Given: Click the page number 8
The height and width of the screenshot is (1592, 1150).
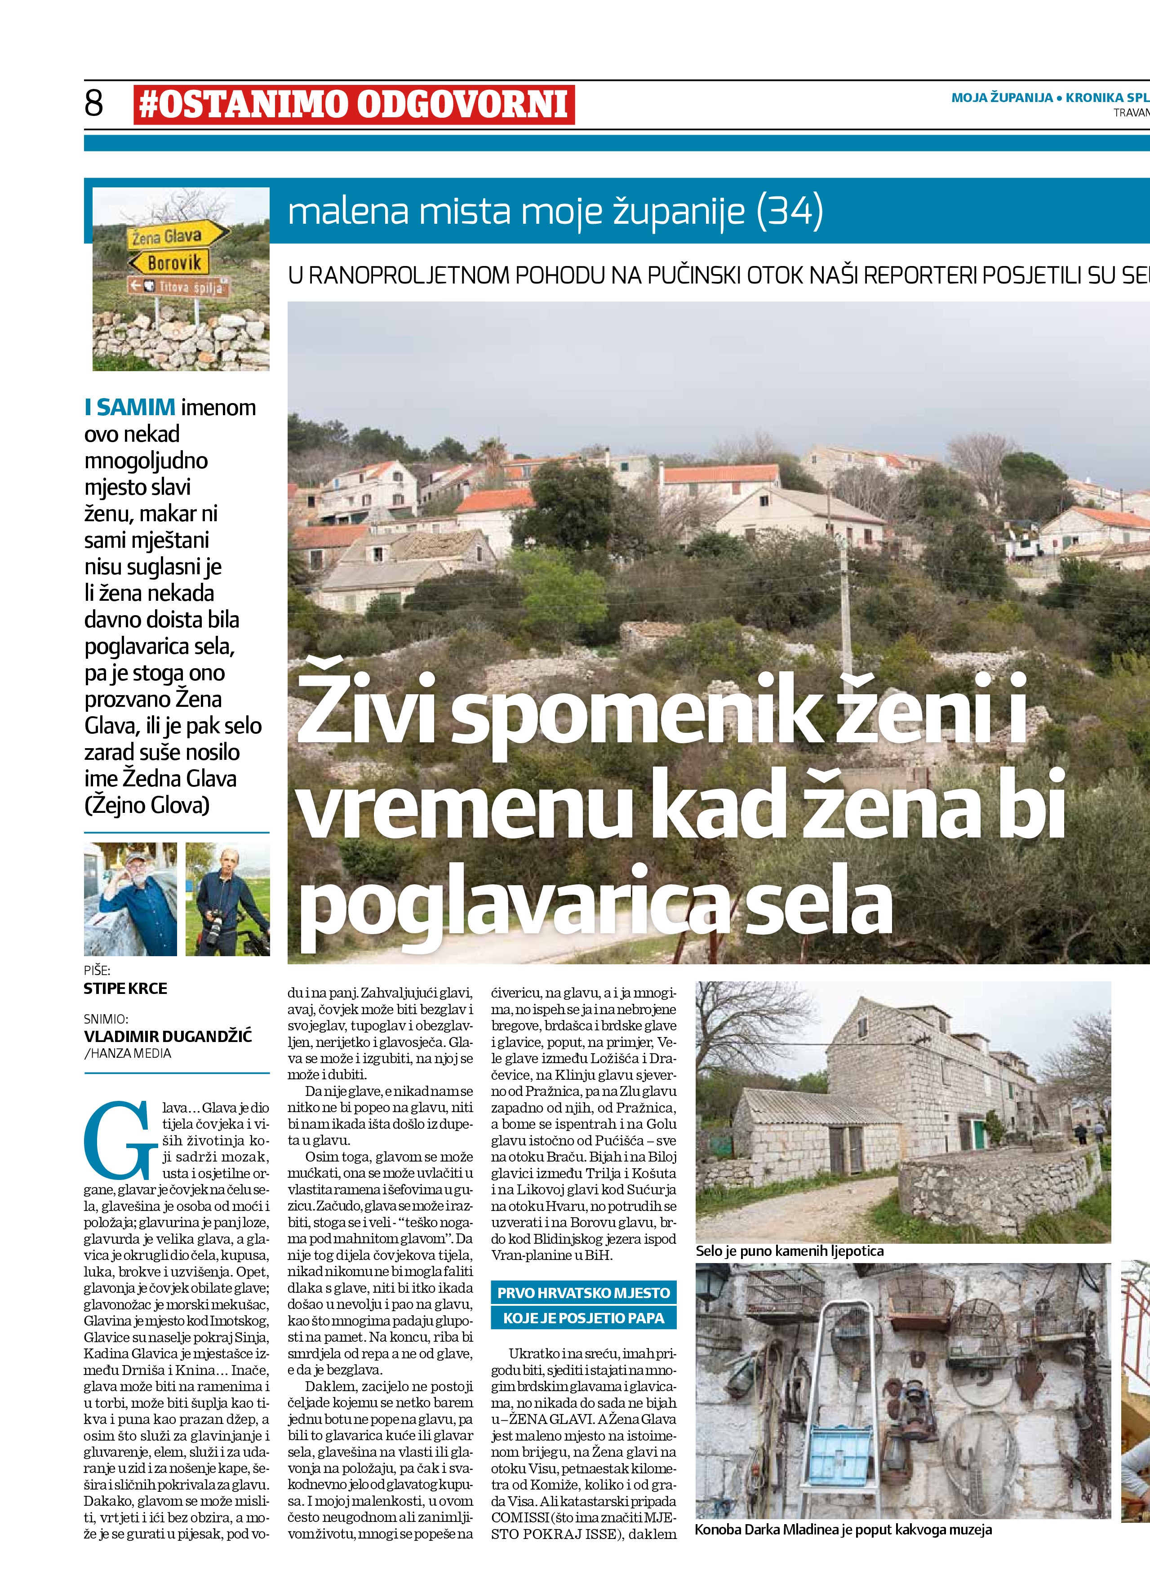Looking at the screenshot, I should [x=94, y=103].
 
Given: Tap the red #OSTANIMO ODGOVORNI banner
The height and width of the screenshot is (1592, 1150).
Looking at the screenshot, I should [x=354, y=105].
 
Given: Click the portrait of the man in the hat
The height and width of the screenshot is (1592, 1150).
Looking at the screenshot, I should [x=131, y=899].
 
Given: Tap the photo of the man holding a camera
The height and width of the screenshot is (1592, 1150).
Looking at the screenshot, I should [x=227, y=899].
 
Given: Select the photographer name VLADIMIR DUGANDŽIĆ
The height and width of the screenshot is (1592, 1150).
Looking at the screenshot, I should [x=168, y=1036].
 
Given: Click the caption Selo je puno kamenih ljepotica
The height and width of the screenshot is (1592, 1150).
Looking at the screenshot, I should [x=790, y=1251].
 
